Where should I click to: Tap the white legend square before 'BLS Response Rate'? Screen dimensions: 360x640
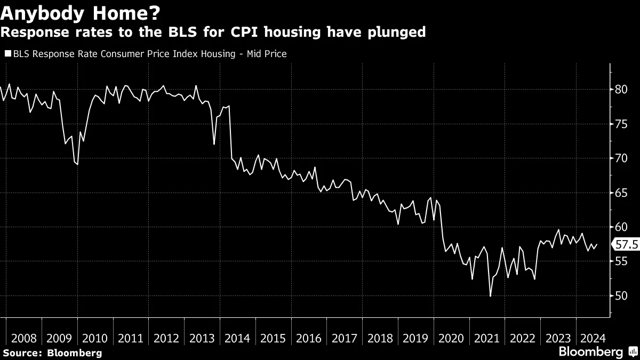[x=7, y=54]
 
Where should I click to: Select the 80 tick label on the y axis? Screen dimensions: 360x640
[x=621, y=89]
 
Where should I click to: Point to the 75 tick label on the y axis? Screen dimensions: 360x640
[x=621, y=124]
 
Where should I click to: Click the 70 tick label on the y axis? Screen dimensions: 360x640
[x=621, y=158]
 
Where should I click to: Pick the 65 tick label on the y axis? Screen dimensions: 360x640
[x=621, y=193]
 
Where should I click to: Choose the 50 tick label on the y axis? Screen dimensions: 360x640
[x=621, y=296]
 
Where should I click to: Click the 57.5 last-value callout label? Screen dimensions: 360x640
[x=627, y=245]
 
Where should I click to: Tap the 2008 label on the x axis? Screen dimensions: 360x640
[x=24, y=338]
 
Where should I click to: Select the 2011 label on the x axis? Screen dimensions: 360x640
[x=131, y=338]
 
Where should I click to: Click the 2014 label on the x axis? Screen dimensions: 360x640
[x=238, y=338]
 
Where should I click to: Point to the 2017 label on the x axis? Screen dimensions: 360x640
[x=345, y=338]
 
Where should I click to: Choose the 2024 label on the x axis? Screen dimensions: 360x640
[x=591, y=338]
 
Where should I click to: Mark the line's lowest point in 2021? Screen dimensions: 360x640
[x=490, y=296]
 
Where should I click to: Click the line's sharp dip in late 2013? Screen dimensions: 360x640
[x=214, y=144]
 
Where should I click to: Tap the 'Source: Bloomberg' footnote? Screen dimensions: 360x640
[x=52, y=353]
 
